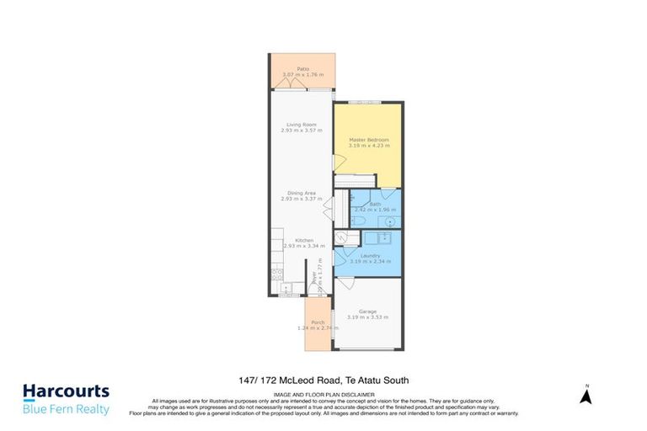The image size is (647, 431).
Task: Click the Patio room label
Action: [x=302, y=68]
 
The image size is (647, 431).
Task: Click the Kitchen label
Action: [x=303, y=240]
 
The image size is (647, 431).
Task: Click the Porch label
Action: [x=318, y=322]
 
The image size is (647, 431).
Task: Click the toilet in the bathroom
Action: [x=357, y=221]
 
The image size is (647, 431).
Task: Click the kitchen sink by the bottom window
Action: [x=287, y=290]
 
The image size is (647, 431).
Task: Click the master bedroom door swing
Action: [x=339, y=162]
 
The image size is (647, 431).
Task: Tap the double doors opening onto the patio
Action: [x=291, y=82]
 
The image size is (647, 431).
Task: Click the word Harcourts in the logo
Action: [x=66, y=391]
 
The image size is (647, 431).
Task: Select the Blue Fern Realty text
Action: [x=66, y=409]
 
